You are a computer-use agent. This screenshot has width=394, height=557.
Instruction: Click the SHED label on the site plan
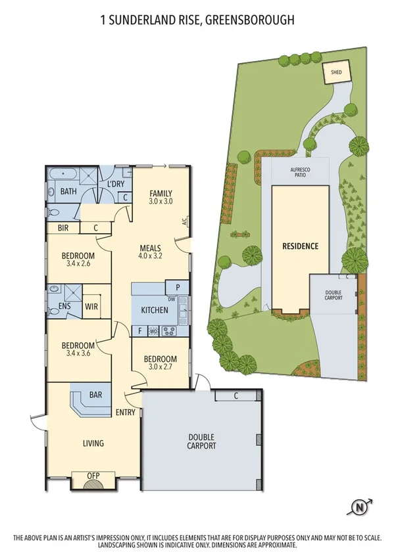tap(336, 73)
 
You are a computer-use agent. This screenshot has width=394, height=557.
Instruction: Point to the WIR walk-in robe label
tap(91, 305)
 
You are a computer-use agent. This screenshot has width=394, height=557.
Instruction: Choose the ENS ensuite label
tap(65, 305)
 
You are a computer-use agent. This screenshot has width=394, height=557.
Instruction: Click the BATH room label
tap(68, 192)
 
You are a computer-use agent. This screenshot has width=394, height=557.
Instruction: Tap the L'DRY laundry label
tap(116, 184)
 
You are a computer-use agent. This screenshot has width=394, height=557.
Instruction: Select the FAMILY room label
tap(160, 193)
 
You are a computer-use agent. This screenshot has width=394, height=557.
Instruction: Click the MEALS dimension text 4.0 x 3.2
tap(150, 257)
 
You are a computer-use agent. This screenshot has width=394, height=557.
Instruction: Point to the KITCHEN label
tap(155, 310)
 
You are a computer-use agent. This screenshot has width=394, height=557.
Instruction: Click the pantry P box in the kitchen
tap(177, 287)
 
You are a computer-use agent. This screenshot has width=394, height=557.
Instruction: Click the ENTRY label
tap(125, 412)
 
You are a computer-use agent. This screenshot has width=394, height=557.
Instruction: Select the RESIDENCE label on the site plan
tap(300, 246)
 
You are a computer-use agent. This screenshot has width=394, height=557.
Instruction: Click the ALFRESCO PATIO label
tap(300, 173)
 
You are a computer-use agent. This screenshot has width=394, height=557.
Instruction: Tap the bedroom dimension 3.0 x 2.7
tap(160, 368)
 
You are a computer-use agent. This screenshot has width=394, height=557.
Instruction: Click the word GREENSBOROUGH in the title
tap(249, 21)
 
